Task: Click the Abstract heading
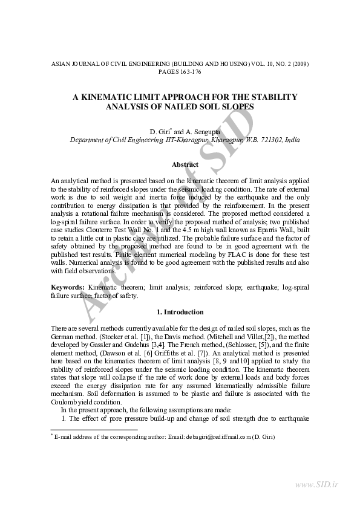coord(185,164)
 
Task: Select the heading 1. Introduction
coord(180,312)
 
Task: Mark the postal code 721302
coord(257,139)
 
